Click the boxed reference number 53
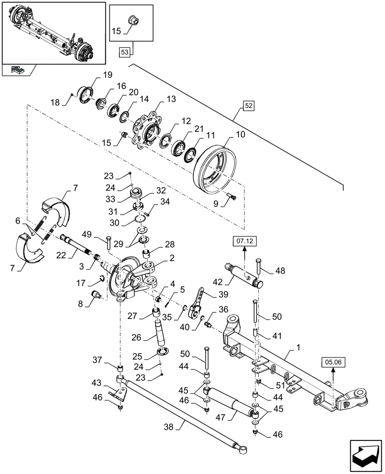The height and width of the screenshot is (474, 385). click(x=124, y=52)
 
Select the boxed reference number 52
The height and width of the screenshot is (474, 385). click(x=249, y=106)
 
